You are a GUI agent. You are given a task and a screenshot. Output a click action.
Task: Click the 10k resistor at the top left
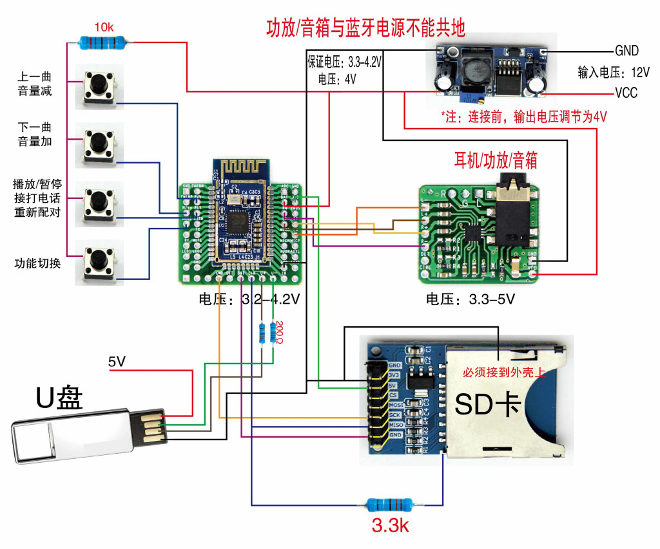tap(103, 43)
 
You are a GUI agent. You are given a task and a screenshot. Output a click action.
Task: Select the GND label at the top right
tap(626, 51)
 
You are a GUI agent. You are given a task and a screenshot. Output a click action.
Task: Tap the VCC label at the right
tap(625, 93)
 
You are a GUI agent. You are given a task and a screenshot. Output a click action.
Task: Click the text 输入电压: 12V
tap(613, 72)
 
